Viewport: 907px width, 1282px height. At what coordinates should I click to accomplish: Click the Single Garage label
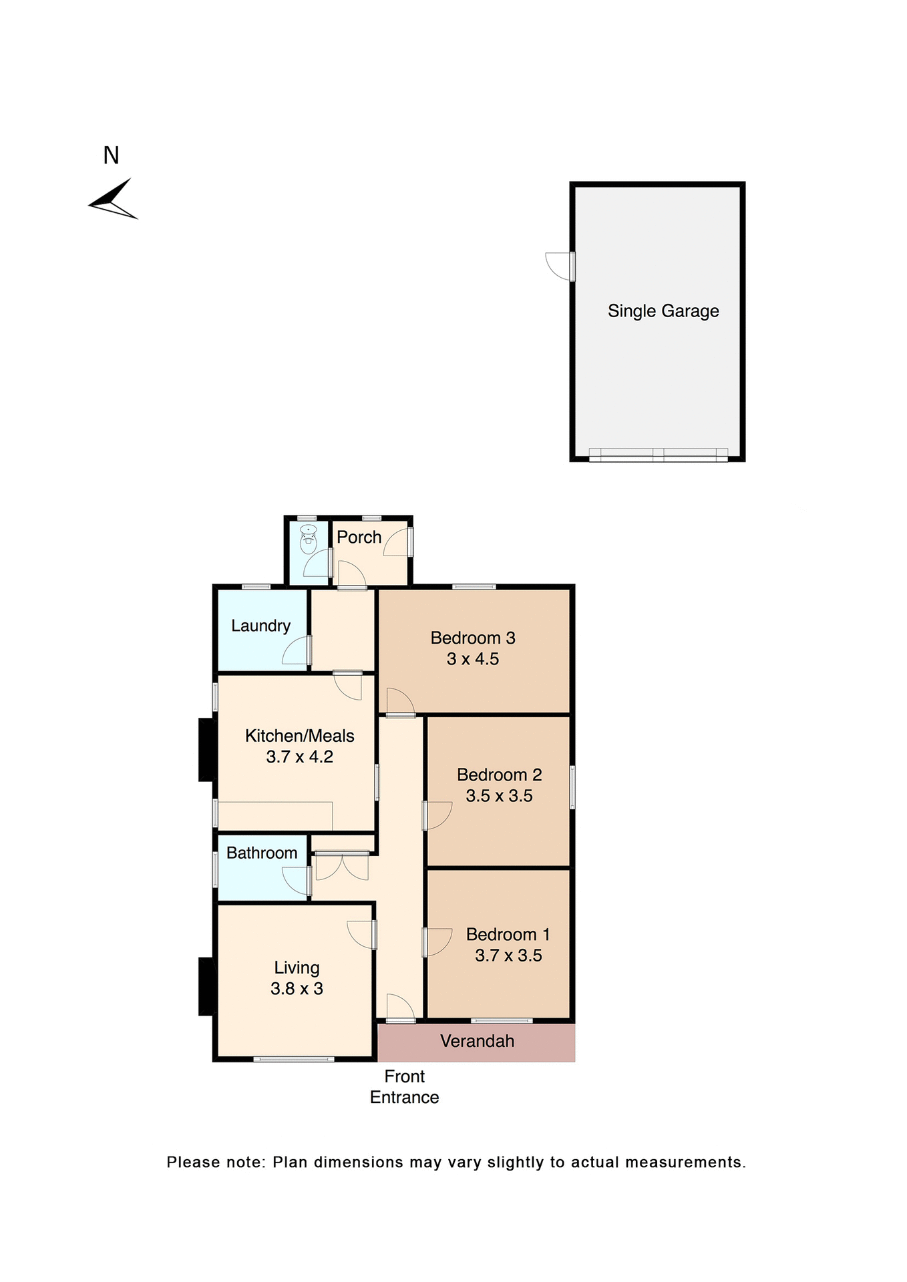coord(663,311)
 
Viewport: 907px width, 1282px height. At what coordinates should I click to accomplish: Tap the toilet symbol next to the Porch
coord(308,540)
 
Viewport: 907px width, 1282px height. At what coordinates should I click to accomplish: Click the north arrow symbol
coord(114,200)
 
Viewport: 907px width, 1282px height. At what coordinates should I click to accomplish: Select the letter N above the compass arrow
coord(111,156)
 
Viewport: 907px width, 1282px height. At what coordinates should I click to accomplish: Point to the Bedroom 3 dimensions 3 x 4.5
coord(472,659)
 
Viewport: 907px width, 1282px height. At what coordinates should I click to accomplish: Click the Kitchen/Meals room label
coord(299,736)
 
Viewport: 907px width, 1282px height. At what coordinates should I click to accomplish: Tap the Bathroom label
coord(262,853)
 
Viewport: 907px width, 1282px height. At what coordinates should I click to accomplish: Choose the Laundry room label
coord(260,626)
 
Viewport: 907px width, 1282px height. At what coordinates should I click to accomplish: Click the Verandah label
coord(477,1041)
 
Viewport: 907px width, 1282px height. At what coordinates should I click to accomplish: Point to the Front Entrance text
coord(404,1086)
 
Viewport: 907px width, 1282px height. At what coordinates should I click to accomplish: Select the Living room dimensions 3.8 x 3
coord(297,989)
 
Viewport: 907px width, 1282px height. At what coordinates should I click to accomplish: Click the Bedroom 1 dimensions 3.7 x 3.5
coord(508,955)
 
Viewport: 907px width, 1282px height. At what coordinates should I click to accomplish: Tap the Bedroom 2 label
coord(499,775)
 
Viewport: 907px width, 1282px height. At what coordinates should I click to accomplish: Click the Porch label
coord(359,537)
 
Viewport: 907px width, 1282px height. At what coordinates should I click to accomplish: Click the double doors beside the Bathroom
coord(341,866)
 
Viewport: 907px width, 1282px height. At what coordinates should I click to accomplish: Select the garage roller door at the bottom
coord(658,455)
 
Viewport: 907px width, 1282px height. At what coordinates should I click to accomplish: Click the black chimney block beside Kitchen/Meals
coord(206,749)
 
